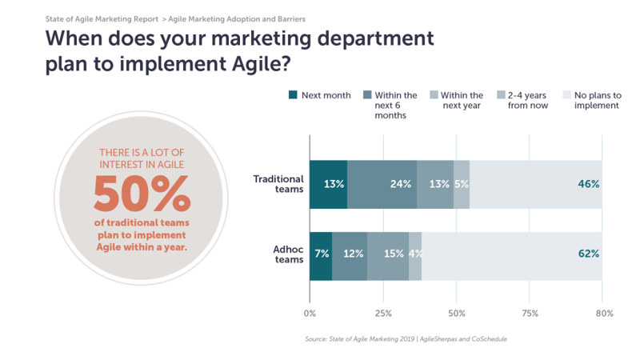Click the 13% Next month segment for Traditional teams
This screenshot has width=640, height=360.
point(329,185)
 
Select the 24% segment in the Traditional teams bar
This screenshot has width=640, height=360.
point(382,185)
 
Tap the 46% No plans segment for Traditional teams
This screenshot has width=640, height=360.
point(536,185)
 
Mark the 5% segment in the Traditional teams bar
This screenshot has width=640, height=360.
point(462,185)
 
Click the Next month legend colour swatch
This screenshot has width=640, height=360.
point(293,94)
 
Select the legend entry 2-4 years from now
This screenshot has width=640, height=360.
point(522,100)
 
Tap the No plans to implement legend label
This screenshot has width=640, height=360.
point(598,100)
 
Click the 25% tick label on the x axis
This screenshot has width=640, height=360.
point(383,313)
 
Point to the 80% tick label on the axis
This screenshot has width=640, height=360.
point(605,313)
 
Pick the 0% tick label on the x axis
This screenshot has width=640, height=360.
point(310,313)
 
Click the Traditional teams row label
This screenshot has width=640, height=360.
point(278,184)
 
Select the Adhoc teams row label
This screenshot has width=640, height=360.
point(288,254)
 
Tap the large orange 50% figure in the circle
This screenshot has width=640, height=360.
point(142,194)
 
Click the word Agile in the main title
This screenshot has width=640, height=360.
point(256,64)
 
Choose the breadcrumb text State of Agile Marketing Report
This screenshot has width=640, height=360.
point(102,19)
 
